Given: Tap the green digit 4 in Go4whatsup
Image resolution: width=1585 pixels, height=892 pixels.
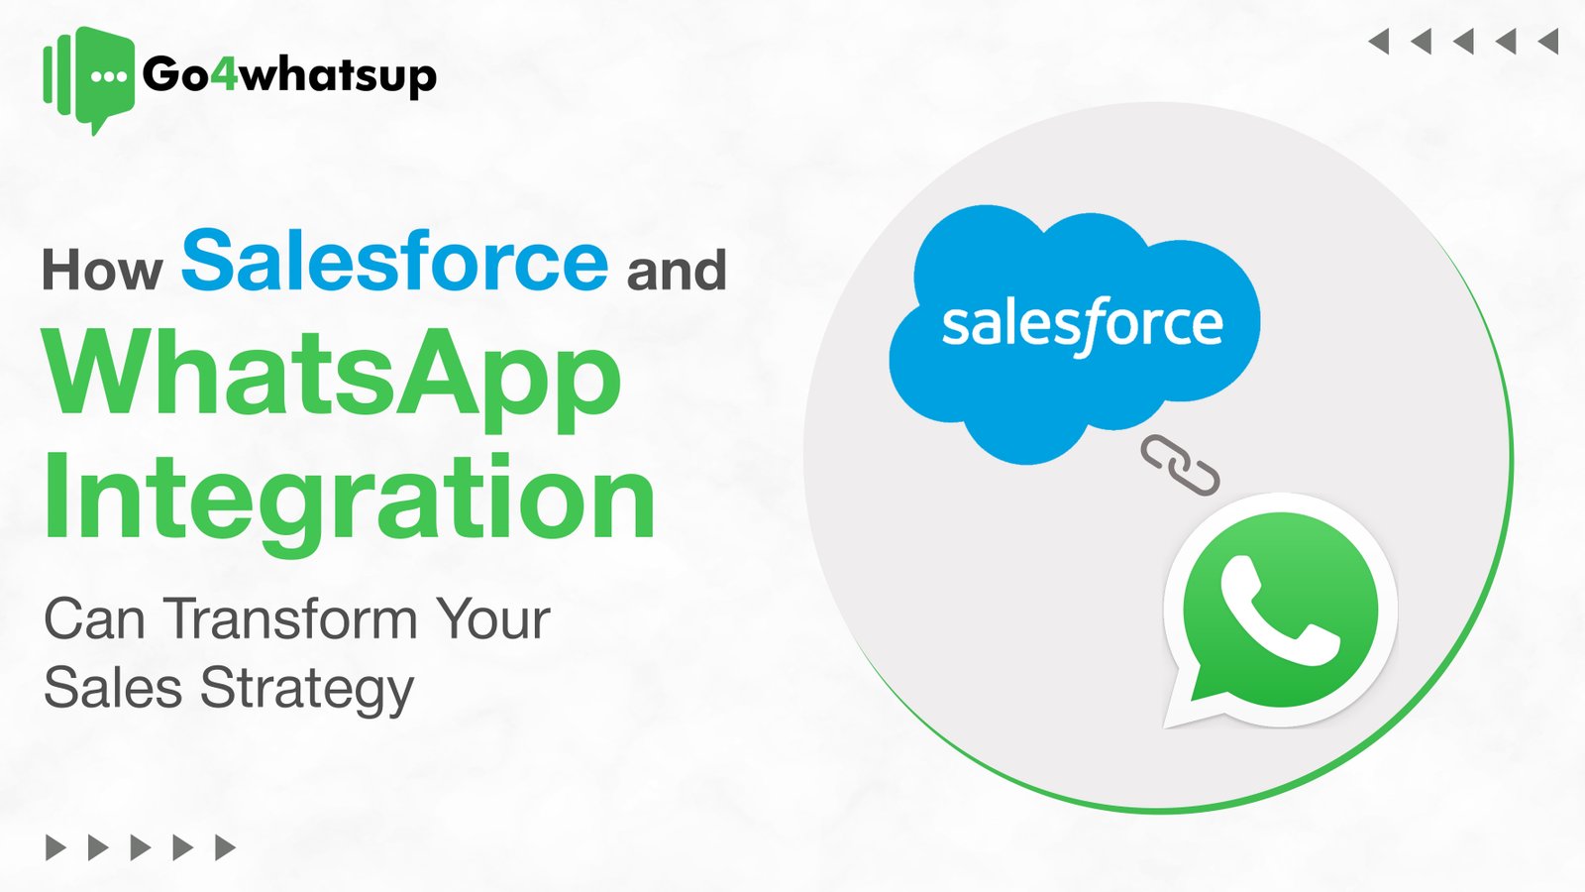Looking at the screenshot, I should click(x=225, y=74).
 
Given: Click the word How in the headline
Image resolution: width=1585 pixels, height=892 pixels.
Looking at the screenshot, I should click(x=102, y=271).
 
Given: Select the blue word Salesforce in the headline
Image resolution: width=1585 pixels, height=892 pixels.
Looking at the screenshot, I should click(x=394, y=261).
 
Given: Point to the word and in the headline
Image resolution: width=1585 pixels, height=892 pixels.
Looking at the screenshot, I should click(x=677, y=271).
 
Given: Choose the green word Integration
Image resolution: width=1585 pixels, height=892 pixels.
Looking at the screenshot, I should click(x=349, y=499).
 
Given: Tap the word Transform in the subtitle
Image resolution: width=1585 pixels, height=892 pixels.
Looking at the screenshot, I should click(x=291, y=619).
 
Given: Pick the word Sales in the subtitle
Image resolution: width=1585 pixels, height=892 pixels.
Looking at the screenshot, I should click(x=113, y=689).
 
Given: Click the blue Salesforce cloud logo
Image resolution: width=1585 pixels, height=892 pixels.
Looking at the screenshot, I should click(x=1075, y=327).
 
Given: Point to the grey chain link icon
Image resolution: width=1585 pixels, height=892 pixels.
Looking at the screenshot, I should click(x=1180, y=465).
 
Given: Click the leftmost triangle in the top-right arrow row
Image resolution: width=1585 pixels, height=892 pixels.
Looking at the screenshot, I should click(x=1378, y=42).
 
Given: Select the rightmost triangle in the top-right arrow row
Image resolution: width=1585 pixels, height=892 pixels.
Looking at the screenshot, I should click(x=1548, y=42).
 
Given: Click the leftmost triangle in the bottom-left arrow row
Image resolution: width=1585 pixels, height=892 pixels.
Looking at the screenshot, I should click(x=55, y=847).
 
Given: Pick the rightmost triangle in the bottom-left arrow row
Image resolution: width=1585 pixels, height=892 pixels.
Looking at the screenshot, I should click(x=226, y=847).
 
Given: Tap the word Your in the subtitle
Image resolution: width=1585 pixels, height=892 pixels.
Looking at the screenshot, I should click(x=493, y=619).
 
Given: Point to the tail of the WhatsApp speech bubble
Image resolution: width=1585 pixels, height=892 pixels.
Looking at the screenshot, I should click(x=1187, y=706).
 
